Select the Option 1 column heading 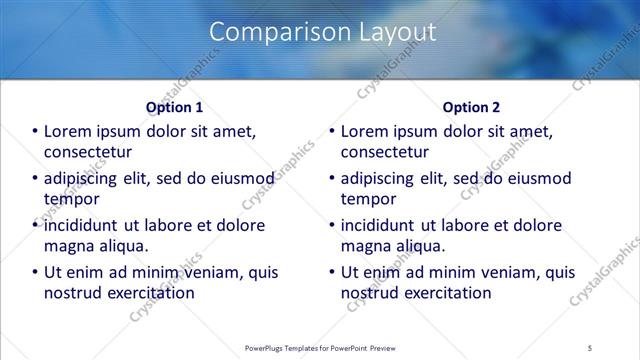click(174, 107)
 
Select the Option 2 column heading click(471, 107)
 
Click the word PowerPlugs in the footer click(271, 347)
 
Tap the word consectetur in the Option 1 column click(88, 152)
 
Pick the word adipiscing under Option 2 click(381, 178)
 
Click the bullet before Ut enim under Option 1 click(35, 272)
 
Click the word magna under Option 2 click(366, 246)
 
